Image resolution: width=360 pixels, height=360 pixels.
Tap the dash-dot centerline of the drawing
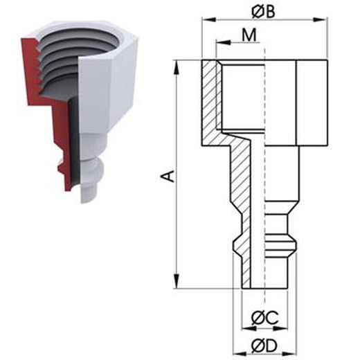264,173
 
